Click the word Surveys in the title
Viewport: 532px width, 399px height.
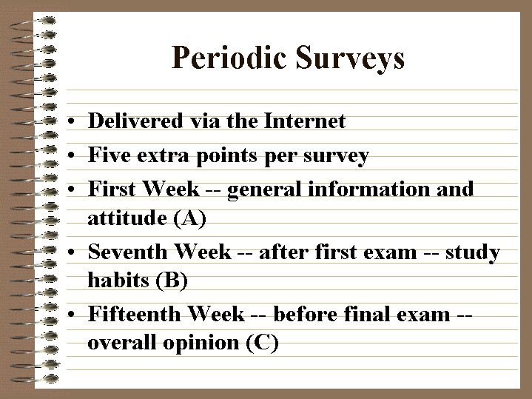tap(350, 59)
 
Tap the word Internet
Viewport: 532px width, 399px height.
tap(305, 121)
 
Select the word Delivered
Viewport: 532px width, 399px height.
tap(135, 121)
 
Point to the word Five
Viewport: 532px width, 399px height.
tap(110, 155)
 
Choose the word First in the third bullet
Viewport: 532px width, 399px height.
tap(112, 189)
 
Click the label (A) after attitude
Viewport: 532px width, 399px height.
tap(189, 218)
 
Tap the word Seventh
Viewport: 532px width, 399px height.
tap(127, 252)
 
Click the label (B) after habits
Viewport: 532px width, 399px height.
tap(172, 281)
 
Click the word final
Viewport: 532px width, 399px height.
tap(366, 314)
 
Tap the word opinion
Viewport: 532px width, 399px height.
tap(201, 343)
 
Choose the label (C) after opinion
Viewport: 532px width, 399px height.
tap(262, 343)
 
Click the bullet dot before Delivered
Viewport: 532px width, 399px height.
tap(71, 121)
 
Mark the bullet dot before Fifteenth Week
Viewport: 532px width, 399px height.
tap(71, 314)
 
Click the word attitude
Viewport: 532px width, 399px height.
tap(127, 218)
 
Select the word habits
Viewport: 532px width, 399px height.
tap(118, 280)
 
